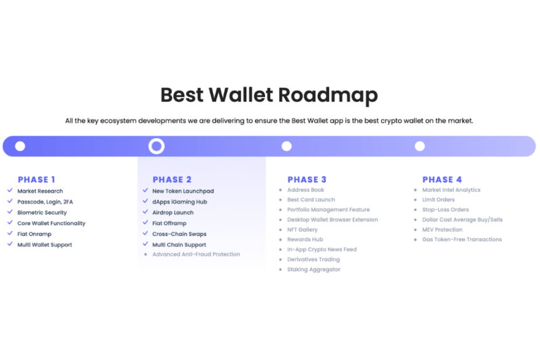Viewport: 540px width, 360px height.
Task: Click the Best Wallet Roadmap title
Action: pyautogui.click(x=269, y=95)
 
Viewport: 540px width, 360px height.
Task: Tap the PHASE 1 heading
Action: pyautogui.click(x=36, y=180)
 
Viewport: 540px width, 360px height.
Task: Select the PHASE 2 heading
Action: pyautogui.click(x=172, y=180)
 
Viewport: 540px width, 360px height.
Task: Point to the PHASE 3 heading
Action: pyautogui.click(x=307, y=180)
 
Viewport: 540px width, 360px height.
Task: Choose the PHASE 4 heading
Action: pyautogui.click(x=442, y=180)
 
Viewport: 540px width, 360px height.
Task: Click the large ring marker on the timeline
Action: pyautogui.click(x=156, y=146)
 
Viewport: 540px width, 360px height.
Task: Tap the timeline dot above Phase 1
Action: pyautogui.click(x=20, y=146)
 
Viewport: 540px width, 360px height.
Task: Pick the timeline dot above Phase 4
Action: pyautogui.click(x=419, y=146)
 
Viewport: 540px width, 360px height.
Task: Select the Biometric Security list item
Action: pyautogui.click(x=42, y=212)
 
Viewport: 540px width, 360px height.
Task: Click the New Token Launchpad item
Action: pyautogui.click(x=183, y=191)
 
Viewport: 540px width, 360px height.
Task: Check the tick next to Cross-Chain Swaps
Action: pyautogui.click(x=145, y=234)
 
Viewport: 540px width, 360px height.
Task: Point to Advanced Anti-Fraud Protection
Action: pyautogui.click(x=196, y=254)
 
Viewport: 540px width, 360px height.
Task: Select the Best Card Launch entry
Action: pyautogui.click(x=311, y=200)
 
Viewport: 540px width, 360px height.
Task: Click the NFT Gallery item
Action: pyautogui.click(x=302, y=229)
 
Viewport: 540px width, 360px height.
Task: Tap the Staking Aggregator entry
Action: pyautogui.click(x=313, y=270)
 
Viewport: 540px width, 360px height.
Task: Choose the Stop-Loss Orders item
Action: pyautogui.click(x=445, y=210)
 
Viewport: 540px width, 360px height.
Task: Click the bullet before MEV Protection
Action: pyautogui.click(x=415, y=229)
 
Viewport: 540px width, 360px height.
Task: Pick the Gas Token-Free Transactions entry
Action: pyautogui.click(x=462, y=239)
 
